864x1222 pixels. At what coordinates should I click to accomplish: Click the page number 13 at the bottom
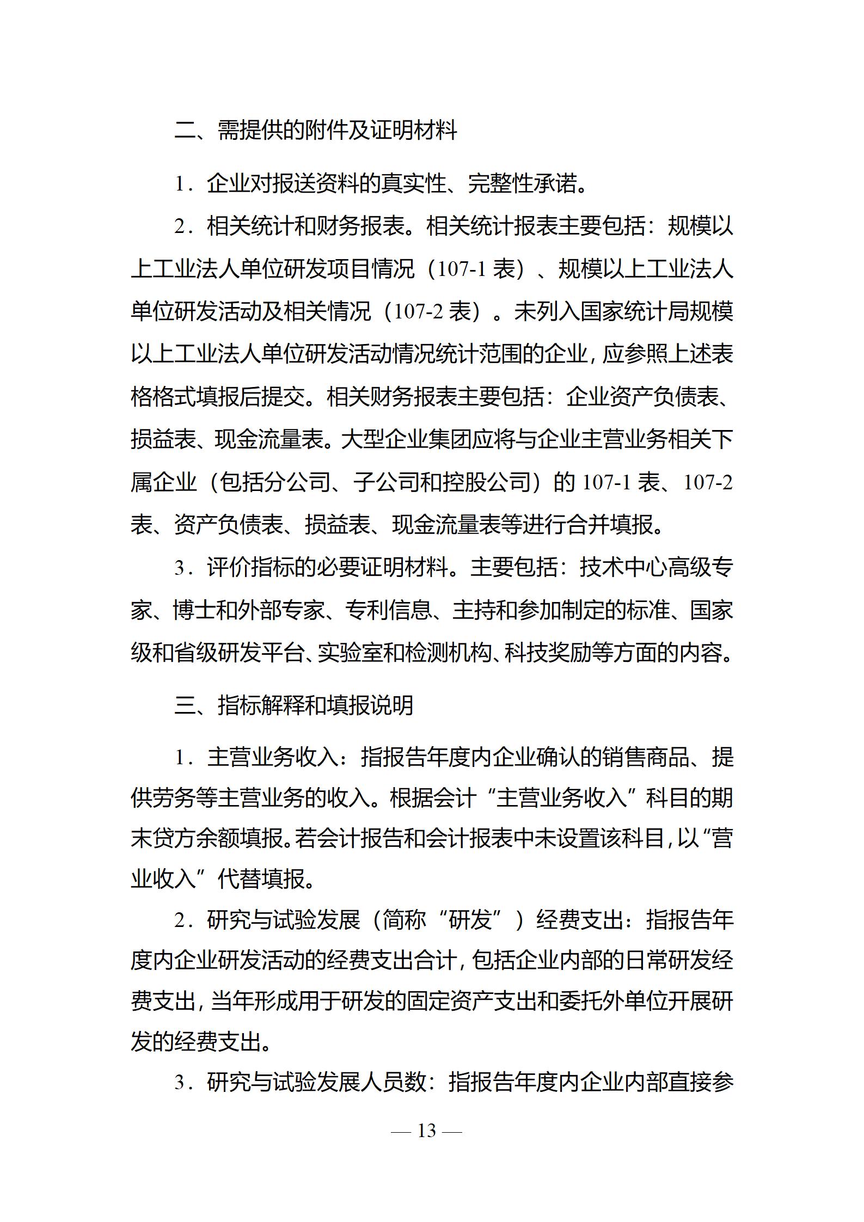click(x=426, y=1131)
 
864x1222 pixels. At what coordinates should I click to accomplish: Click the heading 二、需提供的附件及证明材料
click(x=316, y=130)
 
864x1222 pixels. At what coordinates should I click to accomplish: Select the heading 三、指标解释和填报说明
click(x=294, y=705)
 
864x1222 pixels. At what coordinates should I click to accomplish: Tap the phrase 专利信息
click(x=389, y=610)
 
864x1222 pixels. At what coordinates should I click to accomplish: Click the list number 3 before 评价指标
click(x=180, y=568)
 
